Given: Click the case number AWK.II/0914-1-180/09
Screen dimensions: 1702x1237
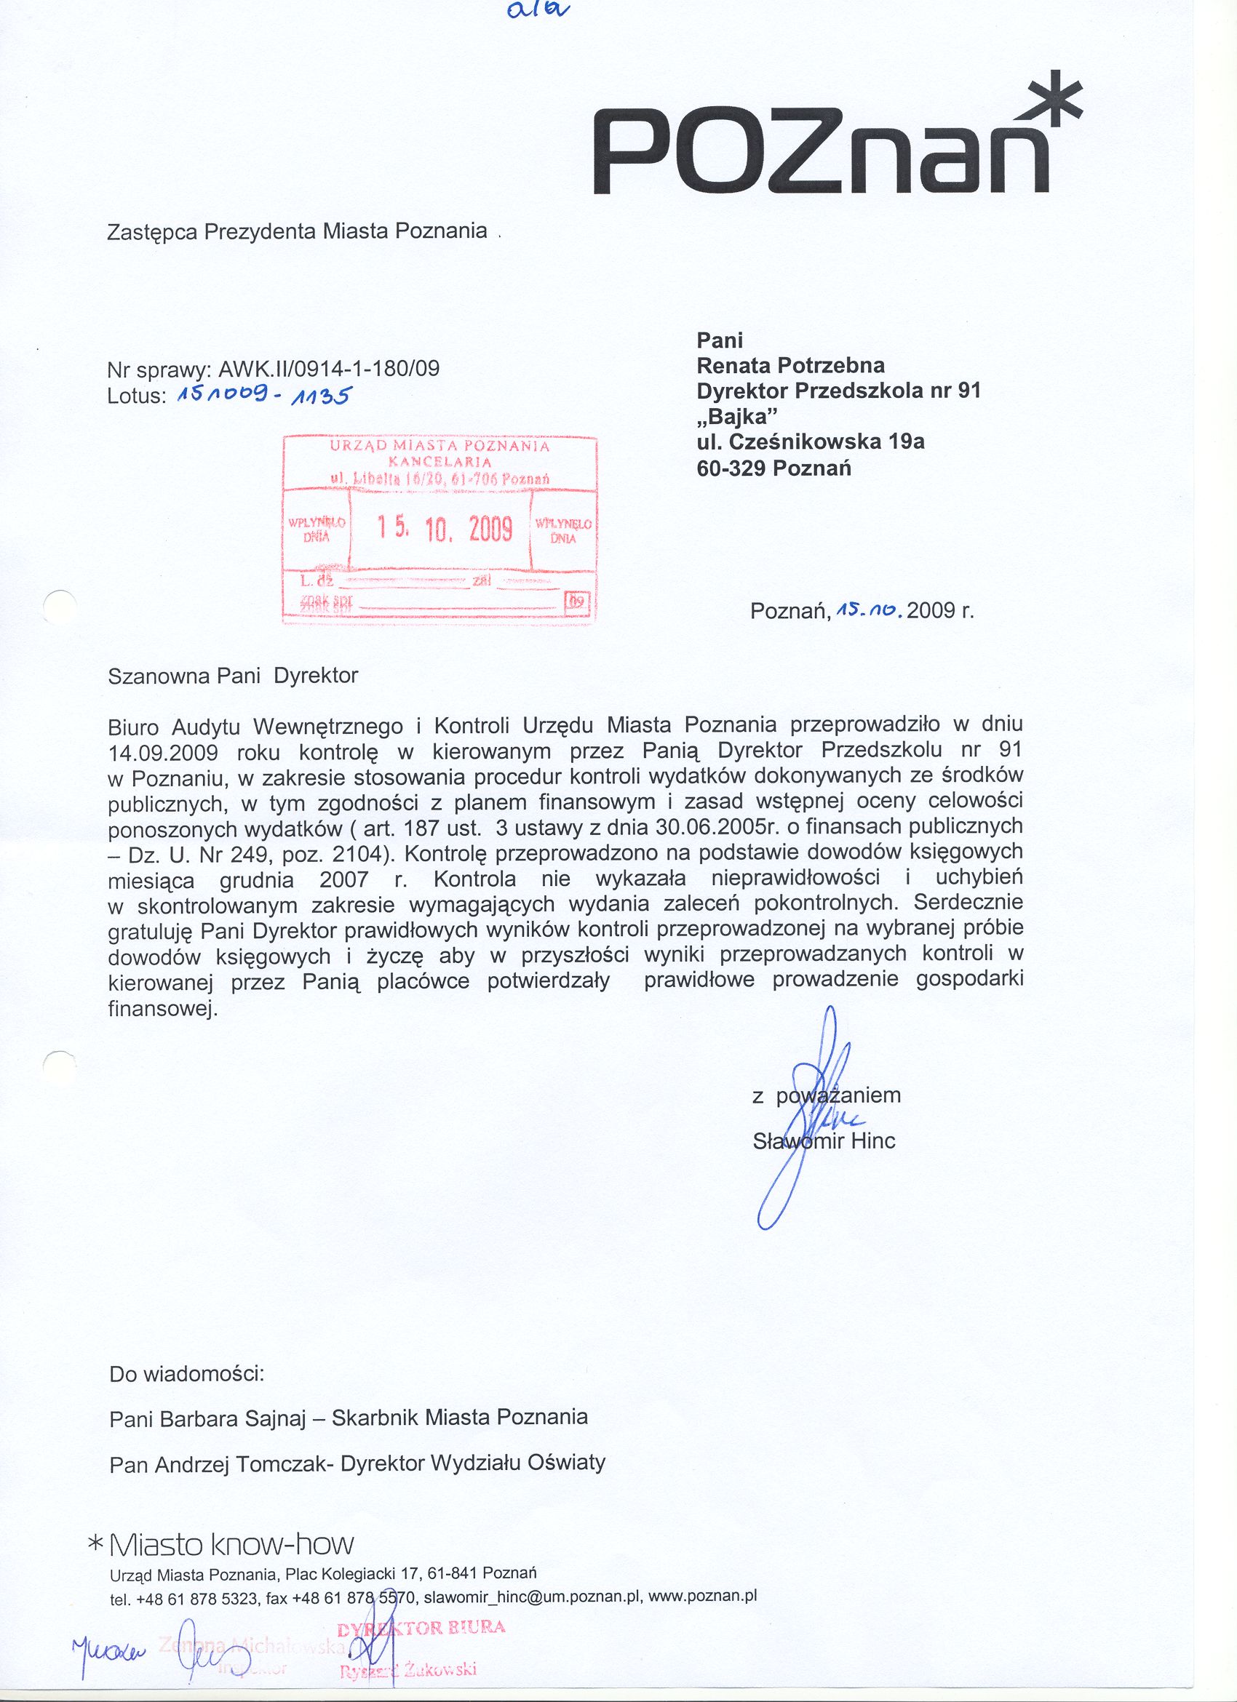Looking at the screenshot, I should (328, 369).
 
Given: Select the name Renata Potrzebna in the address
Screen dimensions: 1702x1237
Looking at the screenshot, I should (790, 365).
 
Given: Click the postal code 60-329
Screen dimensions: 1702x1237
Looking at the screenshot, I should (731, 468).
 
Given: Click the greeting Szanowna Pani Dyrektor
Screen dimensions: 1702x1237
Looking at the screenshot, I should (234, 676).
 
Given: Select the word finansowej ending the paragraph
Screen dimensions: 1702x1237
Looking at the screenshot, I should (162, 1010).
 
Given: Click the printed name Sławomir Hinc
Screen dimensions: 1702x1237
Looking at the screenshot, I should (824, 1141).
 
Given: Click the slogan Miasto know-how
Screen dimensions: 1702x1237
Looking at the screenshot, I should (231, 1522).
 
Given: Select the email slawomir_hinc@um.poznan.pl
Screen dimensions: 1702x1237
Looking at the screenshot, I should (531, 1573).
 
